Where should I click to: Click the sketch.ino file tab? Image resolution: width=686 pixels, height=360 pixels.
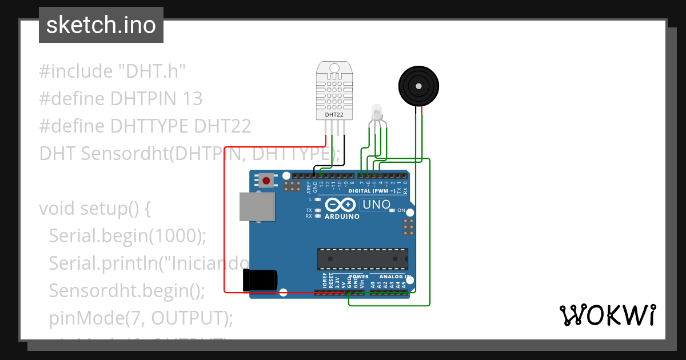pos(101,25)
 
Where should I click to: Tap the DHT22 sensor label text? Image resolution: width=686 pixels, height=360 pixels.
pos(334,115)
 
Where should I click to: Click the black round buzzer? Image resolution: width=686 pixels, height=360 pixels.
pos(419,86)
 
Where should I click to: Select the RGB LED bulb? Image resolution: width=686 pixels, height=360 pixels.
pos(376,110)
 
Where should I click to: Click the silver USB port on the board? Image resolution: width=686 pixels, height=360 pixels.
pos(257,206)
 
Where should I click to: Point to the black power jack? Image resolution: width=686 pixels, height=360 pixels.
pos(260,280)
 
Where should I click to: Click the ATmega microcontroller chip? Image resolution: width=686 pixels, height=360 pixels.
pos(362,259)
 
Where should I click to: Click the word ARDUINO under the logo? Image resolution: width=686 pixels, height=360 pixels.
pos(342,217)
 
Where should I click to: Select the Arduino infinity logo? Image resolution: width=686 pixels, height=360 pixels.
pos(341,205)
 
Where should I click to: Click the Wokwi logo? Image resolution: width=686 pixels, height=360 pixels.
pos(607,315)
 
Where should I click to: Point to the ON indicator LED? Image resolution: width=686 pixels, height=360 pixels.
pos(392,210)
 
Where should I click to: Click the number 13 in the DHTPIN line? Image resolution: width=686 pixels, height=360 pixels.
pos(191,99)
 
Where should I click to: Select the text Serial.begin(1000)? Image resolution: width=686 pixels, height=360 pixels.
pos(127,235)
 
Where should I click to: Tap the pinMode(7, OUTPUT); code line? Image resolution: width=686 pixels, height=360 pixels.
pos(141,318)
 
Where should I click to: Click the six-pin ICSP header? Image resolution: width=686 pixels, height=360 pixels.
pos(408,226)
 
